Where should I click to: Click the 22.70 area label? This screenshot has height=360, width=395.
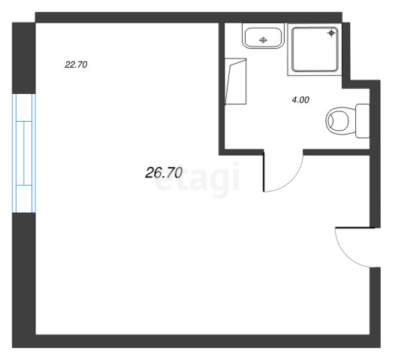point(76,65)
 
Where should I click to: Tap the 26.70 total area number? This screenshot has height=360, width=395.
point(164,173)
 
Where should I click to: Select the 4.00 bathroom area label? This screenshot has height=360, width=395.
point(300,100)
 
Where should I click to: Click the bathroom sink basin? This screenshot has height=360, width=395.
point(263,38)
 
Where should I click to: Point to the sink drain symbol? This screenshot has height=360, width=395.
point(264,40)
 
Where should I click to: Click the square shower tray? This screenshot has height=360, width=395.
point(315,50)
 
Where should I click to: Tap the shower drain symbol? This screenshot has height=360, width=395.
point(331,33)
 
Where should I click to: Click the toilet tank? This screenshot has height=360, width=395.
point(362,121)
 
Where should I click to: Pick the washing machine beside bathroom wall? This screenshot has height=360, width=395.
point(235,81)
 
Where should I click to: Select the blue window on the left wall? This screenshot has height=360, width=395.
point(24,153)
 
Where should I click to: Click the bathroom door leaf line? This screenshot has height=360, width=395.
point(264,171)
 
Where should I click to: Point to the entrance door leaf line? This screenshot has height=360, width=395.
point(355,228)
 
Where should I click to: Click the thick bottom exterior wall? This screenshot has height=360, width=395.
point(196,341)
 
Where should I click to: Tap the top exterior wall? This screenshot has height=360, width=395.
point(188,17)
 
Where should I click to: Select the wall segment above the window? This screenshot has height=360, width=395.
point(24,58)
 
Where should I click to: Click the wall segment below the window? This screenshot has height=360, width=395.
point(24,274)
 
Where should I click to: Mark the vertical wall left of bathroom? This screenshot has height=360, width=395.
point(222,89)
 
